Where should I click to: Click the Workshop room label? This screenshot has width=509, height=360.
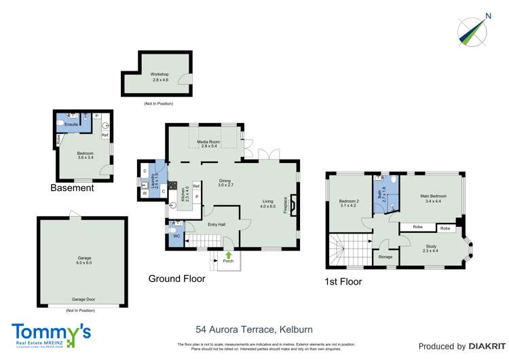click(x=159, y=75)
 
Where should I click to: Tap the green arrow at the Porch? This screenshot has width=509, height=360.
click(x=228, y=255)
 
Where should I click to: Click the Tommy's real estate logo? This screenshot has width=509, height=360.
click(x=51, y=334)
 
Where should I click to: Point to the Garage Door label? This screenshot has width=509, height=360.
click(x=82, y=299)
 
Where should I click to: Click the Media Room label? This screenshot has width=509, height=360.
click(x=208, y=142)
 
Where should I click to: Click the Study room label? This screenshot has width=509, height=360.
click(x=431, y=247)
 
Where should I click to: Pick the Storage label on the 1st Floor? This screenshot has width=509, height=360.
click(x=385, y=257)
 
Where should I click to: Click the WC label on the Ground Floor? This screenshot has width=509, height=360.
click(x=176, y=236)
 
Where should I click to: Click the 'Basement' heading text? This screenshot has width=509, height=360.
click(x=71, y=188)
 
